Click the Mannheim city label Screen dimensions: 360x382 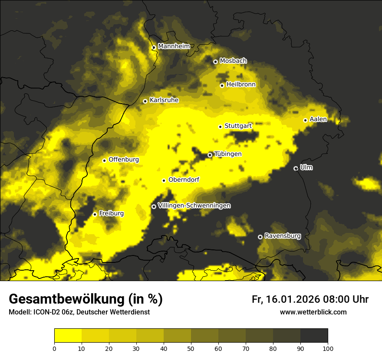(x=174, y=46)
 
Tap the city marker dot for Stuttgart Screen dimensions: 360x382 (x=220, y=127)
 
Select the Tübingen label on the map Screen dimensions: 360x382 (x=227, y=154)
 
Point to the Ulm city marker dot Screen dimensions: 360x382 (x=296, y=168)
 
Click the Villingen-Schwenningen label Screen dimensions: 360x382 (x=194, y=206)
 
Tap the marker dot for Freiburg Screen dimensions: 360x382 (x=95, y=214)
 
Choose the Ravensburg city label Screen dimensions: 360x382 (x=282, y=236)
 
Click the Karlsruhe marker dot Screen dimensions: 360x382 (x=145, y=101)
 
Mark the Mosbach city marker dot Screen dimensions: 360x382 (x=215, y=62)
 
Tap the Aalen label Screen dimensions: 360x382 (x=318, y=119)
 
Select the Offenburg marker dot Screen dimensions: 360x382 (x=104, y=160)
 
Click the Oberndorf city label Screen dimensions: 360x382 (x=184, y=180)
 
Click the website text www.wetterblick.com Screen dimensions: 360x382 (x=313, y=312)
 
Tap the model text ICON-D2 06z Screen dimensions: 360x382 (x=48, y=312)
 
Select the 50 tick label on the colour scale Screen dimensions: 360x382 (x=191, y=348)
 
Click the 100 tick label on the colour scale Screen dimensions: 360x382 (x=328, y=348)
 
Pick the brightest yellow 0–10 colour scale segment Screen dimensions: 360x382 (x=68, y=335)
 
